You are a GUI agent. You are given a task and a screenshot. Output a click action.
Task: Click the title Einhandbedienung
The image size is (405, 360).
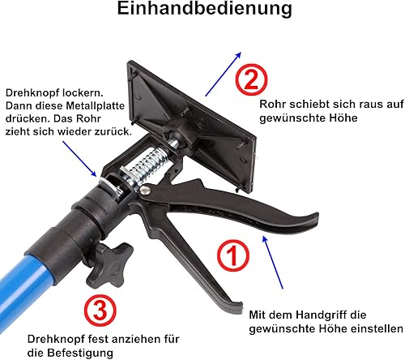(204, 9)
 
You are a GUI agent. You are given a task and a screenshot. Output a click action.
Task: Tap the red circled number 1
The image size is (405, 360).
(233, 255)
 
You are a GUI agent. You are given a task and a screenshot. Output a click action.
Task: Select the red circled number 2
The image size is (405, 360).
(251, 79)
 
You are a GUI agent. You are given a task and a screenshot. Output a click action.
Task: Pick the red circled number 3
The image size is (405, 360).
(100, 311)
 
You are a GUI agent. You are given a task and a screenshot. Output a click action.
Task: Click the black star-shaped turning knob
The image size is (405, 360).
(109, 265)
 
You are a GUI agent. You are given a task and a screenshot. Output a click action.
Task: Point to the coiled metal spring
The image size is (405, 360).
(148, 168)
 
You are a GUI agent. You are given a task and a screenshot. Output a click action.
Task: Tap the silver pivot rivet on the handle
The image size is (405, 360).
(145, 190)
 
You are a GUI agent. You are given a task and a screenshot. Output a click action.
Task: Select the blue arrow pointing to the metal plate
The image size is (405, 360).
(79, 158)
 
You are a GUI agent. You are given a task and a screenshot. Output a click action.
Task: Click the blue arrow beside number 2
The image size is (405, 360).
(223, 74)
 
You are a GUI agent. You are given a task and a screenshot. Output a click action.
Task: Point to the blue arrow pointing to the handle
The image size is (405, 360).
(273, 263)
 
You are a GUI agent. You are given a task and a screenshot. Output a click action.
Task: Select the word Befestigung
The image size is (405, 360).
(80, 353)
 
